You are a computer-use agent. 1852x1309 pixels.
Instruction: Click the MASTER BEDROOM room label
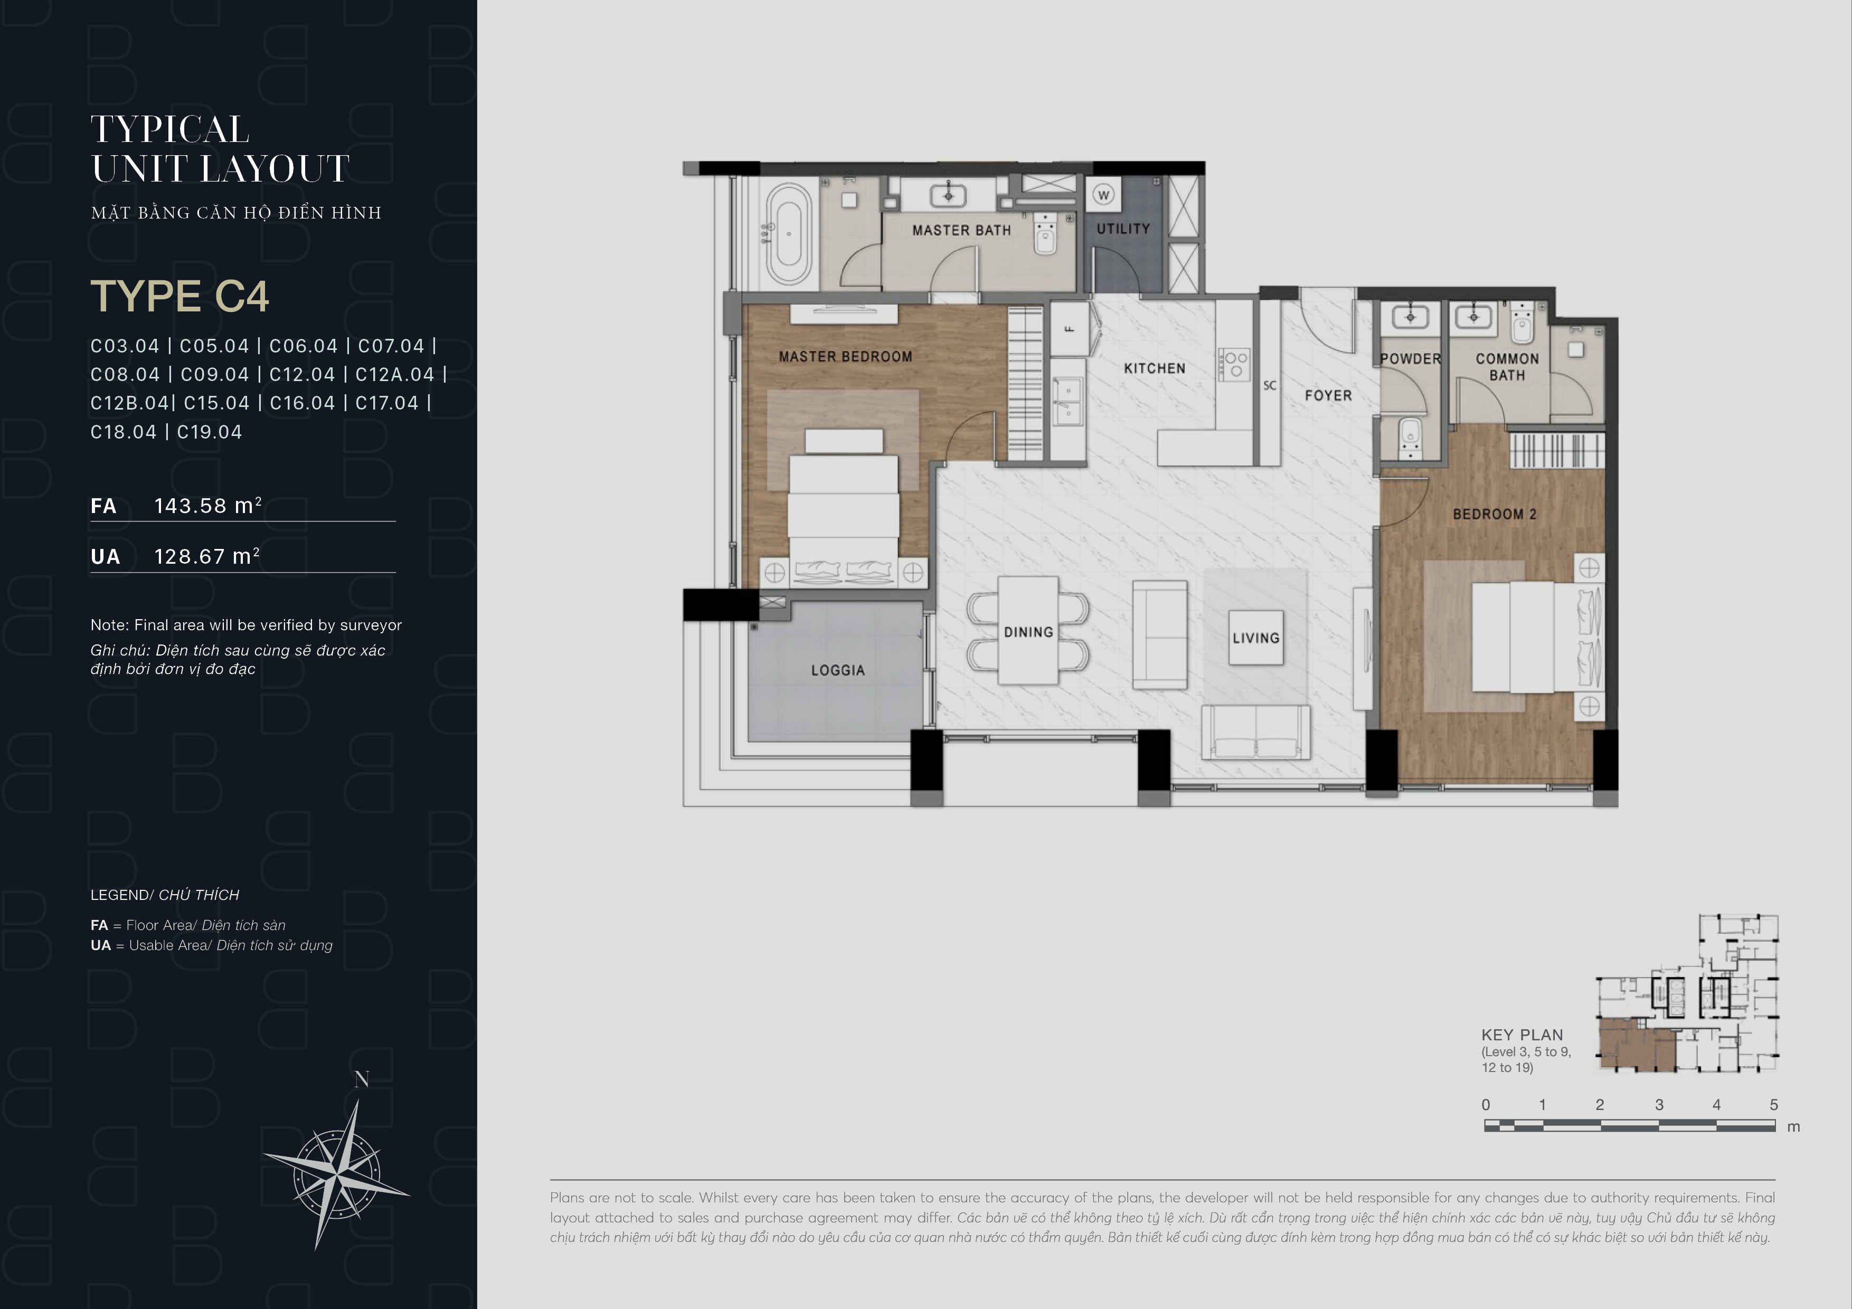coord(845,356)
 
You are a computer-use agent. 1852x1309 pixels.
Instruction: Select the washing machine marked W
coord(1103,195)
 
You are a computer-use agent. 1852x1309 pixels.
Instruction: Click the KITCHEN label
coord(1154,368)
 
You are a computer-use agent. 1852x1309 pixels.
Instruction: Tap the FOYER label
coord(1328,395)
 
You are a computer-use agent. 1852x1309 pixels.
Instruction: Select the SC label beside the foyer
coord(1270,385)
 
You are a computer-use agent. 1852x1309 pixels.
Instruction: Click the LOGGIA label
coord(838,670)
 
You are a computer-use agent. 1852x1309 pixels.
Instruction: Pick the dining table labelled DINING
coord(1028,631)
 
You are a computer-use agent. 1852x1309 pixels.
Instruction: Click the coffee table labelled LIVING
coord(1256,637)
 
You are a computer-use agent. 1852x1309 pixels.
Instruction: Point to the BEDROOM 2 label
coord(1495,514)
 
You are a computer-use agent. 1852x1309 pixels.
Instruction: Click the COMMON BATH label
coord(1507,367)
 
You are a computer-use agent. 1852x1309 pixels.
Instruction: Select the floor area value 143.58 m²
coord(208,506)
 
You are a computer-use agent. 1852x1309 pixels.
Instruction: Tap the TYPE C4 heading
coord(180,296)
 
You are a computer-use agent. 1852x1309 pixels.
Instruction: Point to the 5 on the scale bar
coord(1774,1105)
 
